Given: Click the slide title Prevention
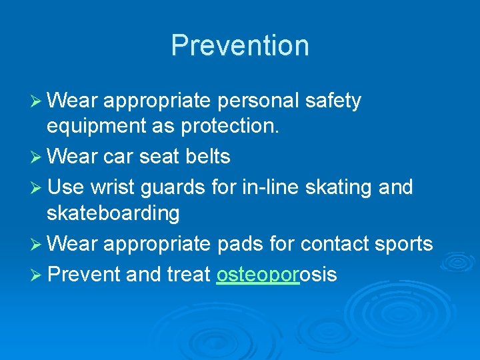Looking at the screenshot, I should click(240, 45).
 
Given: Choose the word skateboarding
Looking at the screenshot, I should click(113, 214).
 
